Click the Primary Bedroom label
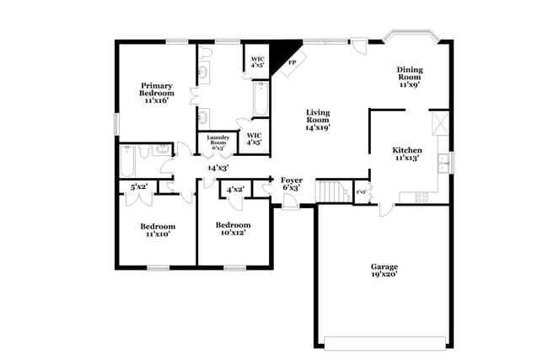[x=155, y=92]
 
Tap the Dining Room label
[x=410, y=77]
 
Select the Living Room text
[x=318, y=119]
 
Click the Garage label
[x=384, y=270]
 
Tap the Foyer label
[x=291, y=183]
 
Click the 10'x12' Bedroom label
[x=233, y=228]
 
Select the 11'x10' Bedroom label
[x=158, y=229]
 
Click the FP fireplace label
[x=293, y=62]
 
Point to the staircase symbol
[x=333, y=191]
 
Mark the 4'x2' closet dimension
[x=235, y=190]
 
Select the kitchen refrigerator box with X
[x=438, y=124]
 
